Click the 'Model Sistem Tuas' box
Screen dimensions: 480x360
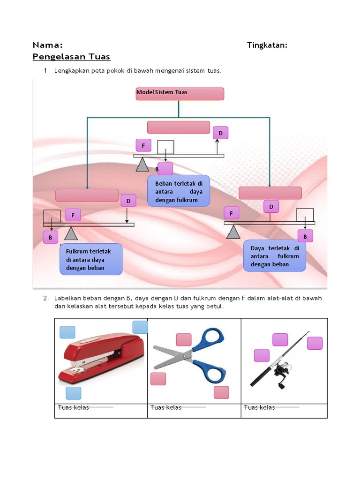(180, 94)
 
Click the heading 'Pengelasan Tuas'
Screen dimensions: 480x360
(71, 57)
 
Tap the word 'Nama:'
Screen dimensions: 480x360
(47, 45)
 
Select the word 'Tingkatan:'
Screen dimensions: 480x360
(267, 45)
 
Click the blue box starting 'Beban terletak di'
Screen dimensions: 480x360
(178, 191)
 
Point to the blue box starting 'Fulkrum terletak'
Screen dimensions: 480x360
(91, 259)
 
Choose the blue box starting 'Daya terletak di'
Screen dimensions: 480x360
(275, 256)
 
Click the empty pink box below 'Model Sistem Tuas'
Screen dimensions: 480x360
(179, 127)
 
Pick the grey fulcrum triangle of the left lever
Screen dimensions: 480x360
(70, 233)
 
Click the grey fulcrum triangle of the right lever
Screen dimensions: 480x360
(233, 231)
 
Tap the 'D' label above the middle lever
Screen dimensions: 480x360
(220, 134)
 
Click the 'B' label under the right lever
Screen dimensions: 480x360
(305, 237)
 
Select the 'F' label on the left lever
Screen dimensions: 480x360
(73, 215)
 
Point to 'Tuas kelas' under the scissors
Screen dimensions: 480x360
(166, 407)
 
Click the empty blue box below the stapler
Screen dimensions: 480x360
(73, 393)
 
